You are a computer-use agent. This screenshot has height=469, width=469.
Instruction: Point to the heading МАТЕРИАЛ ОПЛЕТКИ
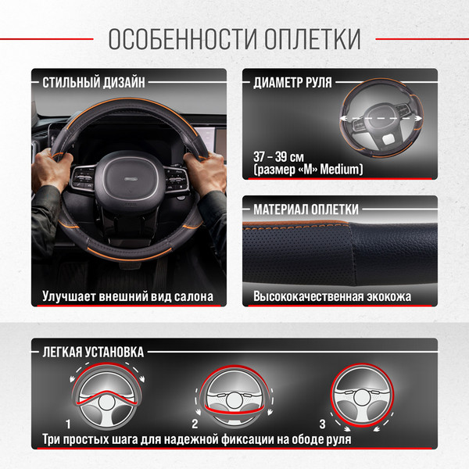coord(306,209)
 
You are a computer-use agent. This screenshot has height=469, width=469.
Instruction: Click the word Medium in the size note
coord(342,169)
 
